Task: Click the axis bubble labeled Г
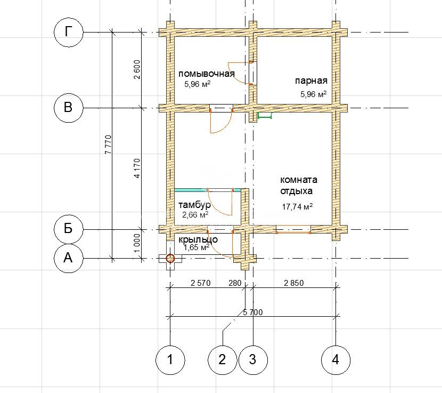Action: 69,33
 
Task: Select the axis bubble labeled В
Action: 69,108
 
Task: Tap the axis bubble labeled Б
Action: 69,228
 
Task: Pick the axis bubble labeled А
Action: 69,258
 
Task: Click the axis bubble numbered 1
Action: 170,360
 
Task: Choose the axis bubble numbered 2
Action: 223,360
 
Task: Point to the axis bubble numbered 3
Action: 253,360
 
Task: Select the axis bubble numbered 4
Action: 335,360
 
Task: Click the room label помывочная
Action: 206,74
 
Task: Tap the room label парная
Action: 311,81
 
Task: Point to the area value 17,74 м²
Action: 297,207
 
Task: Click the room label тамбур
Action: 194,205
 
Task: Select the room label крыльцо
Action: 198,240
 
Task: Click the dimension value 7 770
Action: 108,145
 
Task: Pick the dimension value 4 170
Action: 137,169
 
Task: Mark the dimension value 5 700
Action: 252,312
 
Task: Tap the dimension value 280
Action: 235,283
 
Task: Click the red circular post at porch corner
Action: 170,258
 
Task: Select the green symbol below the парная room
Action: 265,116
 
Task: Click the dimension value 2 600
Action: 137,69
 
